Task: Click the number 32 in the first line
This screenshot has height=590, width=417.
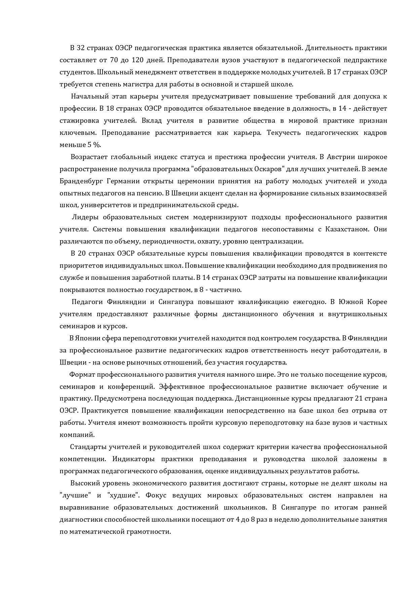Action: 81,48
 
